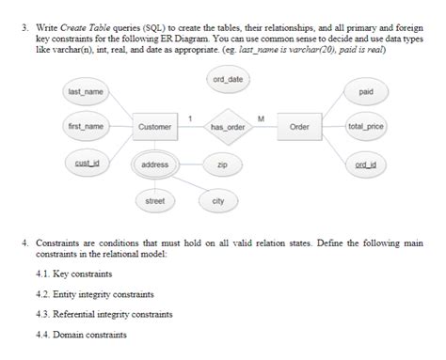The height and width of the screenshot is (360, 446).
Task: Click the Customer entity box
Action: point(154,126)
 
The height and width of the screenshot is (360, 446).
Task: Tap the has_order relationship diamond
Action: point(227,126)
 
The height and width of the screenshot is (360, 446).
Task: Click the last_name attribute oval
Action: point(85,91)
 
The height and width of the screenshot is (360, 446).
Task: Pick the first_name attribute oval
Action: point(85,126)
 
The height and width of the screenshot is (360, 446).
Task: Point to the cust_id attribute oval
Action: point(85,164)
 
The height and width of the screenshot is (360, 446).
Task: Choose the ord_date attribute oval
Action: point(228,80)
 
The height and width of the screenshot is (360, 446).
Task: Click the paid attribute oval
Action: point(366,91)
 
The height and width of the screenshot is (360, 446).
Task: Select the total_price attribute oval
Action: point(366,126)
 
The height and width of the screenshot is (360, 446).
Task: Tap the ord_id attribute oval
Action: point(366,164)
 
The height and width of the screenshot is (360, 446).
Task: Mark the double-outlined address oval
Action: point(154,164)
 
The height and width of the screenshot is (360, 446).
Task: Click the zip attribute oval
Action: point(221,164)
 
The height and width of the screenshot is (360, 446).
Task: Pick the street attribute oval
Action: point(154,201)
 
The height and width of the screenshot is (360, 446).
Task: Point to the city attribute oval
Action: point(218,201)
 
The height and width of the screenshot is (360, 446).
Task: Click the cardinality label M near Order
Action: point(261,117)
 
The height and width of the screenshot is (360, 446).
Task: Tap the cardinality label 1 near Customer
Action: point(191,117)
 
